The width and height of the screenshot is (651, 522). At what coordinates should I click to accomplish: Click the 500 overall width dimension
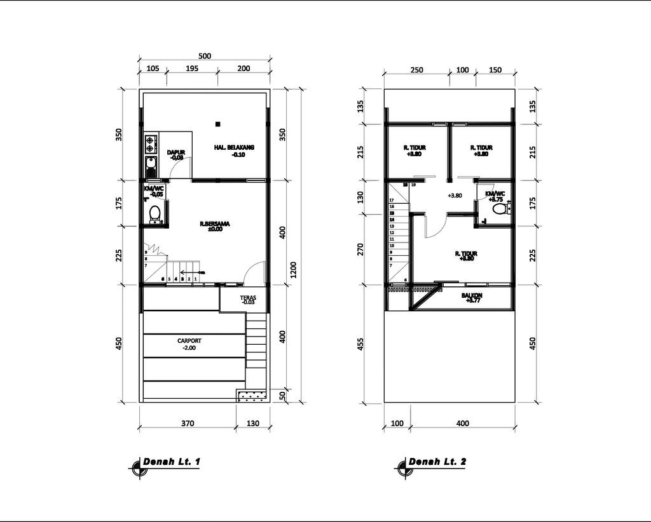tap(205, 56)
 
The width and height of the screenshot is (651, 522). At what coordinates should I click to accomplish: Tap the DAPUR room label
tap(176, 154)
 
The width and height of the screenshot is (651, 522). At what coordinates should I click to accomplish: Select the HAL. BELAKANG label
tap(234, 150)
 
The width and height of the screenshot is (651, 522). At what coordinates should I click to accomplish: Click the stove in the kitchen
tap(151, 144)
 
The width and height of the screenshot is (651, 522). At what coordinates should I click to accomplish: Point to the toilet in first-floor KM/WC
tap(154, 214)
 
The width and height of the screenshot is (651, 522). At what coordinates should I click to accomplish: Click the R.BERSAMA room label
tap(214, 226)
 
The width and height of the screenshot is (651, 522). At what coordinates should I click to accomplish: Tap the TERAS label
tap(248, 300)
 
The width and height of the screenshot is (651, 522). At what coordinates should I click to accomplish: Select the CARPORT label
tap(189, 344)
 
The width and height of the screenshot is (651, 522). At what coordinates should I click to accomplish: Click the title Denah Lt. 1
tap(172, 462)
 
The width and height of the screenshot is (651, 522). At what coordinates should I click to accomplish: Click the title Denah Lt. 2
tap(437, 462)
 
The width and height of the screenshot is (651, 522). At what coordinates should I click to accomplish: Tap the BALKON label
tap(472, 297)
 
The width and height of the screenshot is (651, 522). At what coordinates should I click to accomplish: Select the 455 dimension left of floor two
tap(361, 344)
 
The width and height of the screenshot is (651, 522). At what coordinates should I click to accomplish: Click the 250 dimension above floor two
tap(416, 70)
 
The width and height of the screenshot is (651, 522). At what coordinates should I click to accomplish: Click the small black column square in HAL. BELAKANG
tap(217, 123)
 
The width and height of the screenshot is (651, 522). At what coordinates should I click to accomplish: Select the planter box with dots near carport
tap(252, 396)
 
